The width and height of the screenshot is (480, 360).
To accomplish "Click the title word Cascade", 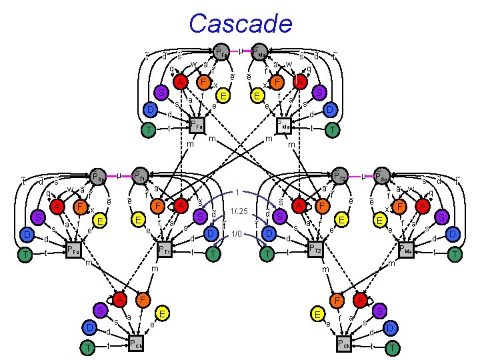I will coord(241,23).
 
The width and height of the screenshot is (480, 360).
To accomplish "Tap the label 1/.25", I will coord(239,212).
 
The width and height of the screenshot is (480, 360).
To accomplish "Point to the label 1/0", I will coord(237,233).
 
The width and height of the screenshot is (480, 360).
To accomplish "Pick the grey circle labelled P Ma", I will coord(258,51).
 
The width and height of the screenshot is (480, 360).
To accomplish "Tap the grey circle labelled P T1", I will coord(139,177).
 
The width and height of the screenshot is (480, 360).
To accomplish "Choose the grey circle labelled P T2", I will coord(339,177).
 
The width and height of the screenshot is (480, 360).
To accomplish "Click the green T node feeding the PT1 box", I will coord(213,253).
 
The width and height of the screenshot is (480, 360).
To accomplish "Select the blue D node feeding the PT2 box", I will coord(269,234).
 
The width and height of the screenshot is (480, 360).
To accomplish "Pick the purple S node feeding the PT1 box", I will coord(199,217).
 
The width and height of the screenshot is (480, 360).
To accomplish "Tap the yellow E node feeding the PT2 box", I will coord(342,219).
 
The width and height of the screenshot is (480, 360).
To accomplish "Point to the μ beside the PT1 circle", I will coord(118,175).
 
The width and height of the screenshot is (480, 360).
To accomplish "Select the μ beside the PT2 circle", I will coord(361,175).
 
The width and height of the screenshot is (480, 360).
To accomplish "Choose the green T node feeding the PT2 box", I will coord(267,253).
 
